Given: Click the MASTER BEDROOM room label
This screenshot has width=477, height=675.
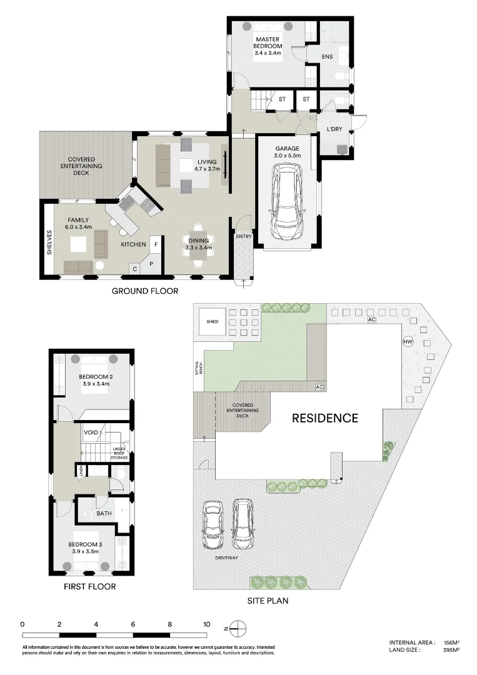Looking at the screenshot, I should tap(268, 46).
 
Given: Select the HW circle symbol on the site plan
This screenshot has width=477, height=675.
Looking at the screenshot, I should tap(408, 342).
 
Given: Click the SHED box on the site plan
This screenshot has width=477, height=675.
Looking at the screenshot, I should tap(213, 322).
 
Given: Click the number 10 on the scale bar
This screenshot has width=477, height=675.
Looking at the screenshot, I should tap(206, 624).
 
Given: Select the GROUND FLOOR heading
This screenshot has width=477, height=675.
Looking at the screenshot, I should tap(145, 291).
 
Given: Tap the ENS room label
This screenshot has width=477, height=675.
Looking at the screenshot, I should tap(327, 57).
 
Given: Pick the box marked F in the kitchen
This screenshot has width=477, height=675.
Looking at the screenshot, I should tap(156, 245).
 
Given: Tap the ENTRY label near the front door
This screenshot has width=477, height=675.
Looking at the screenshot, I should tap(243, 237).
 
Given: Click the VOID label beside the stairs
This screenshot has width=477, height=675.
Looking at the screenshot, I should tap(91, 432).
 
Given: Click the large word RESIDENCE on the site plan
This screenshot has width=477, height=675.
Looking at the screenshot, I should tap(325, 418).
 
